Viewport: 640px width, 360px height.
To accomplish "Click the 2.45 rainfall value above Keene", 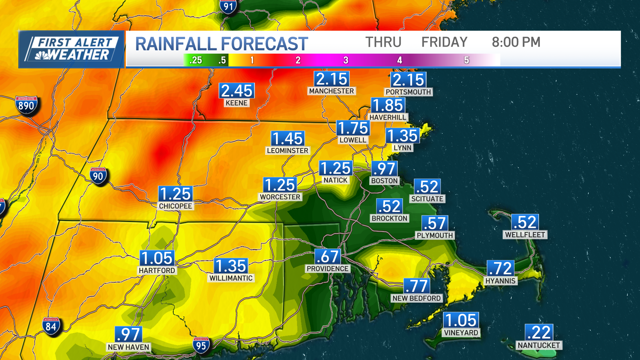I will coord(237,91).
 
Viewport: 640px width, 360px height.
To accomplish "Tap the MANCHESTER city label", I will coord(331,91).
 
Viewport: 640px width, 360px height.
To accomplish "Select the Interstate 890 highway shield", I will coord(26,106).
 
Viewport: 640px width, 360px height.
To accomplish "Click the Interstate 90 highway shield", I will coord(98,176).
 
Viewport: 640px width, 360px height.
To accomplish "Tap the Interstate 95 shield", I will coord(201,346).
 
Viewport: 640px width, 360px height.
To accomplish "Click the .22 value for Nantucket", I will coord(539,332).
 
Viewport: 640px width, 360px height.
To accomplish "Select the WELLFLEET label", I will coord(525,235).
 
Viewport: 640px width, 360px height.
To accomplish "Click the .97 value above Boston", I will coord(384,169).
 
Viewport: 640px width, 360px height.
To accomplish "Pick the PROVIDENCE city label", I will coord(327,269).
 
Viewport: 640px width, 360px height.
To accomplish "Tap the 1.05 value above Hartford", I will coord(157,258).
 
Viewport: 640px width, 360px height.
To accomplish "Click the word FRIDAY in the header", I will coord(444,42).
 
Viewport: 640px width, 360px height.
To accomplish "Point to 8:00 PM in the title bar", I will coord(516,42).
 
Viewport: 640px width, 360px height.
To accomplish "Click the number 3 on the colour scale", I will coord(346,60).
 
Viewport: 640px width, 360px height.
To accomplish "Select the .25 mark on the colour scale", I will coord(196,60).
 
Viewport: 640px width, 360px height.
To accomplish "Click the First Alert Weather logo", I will coord(71,49).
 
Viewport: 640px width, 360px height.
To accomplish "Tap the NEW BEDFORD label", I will coord(416,298).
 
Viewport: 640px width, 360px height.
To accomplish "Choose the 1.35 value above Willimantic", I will coord(231,266).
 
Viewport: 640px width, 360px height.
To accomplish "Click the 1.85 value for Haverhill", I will coord(388,105).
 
